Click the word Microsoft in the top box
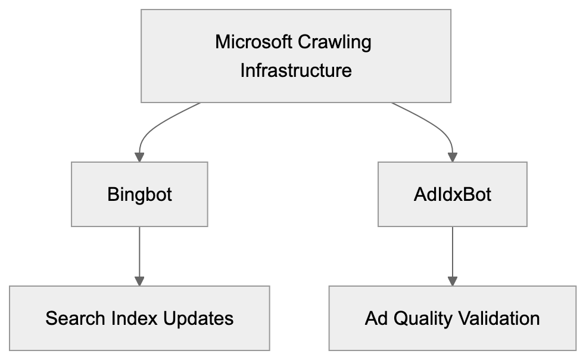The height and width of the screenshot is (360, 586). tap(254, 42)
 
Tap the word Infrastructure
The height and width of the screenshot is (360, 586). tap(296, 70)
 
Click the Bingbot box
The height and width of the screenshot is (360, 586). tap(139, 194)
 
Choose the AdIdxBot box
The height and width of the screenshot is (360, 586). tap(452, 194)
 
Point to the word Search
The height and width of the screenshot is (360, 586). tap(76, 318)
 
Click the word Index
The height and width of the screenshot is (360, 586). tap(135, 318)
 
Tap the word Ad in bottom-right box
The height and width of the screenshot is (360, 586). tap(375, 318)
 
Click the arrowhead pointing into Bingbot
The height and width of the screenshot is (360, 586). tap(139, 157)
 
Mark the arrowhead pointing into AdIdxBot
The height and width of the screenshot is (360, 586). tap(452, 157)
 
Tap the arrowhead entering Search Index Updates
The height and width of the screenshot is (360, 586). tap(139, 280)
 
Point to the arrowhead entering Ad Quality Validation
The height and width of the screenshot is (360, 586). tap(452, 280)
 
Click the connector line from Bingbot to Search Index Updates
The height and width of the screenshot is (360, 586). tap(139, 250)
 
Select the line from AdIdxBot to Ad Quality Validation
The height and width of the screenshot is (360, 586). tap(452, 250)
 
